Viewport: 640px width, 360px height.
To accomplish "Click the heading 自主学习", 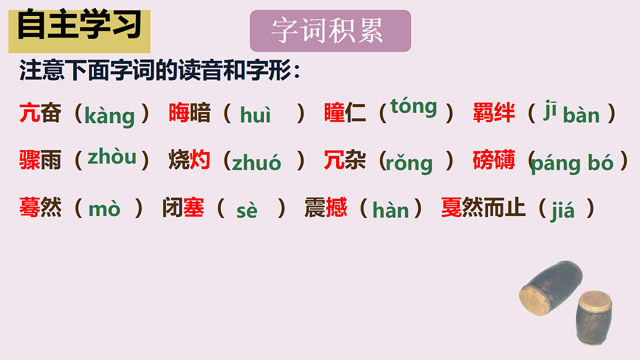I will pyautogui.click(x=79, y=27).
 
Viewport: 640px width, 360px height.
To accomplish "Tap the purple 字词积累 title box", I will pyautogui.click(x=330, y=31).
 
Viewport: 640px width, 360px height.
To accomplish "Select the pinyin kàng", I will pyautogui.click(x=109, y=115).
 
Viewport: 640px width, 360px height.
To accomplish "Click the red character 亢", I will pyautogui.click(x=30, y=113).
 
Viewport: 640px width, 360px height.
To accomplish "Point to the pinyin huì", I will pyautogui.click(x=255, y=115).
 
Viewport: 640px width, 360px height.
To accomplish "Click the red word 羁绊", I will pyautogui.click(x=494, y=113).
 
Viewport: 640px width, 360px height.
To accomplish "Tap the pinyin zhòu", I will pyautogui.click(x=112, y=157).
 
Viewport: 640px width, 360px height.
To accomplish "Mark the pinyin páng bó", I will pyautogui.click(x=572, y=163).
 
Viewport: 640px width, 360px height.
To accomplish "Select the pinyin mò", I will pyautogui.click(x=105, y=210).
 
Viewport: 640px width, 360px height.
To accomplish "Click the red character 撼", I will pyautogui.click(x=336, y=207).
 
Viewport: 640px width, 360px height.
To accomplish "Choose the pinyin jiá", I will pyautogui.click(x=563, y=211).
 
